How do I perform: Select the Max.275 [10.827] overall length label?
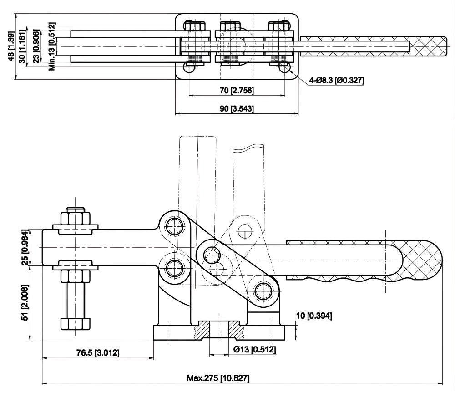click(218, 378)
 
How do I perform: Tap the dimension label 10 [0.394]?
click(314, 316)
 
